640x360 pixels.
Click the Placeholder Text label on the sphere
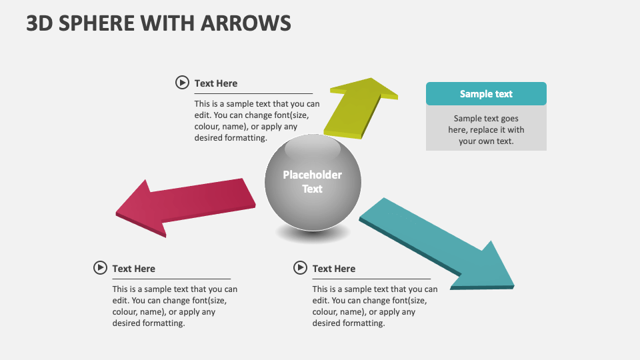312,181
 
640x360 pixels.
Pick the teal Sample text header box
486,94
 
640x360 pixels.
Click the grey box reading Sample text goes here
486,129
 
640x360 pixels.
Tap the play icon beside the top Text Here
182,83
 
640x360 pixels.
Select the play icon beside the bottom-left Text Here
100,268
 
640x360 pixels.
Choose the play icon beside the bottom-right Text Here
300,268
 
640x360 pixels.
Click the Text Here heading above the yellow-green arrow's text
216,83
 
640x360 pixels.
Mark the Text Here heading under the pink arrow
134,269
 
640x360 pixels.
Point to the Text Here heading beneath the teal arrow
334,269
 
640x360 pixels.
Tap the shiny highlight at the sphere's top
312,147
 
